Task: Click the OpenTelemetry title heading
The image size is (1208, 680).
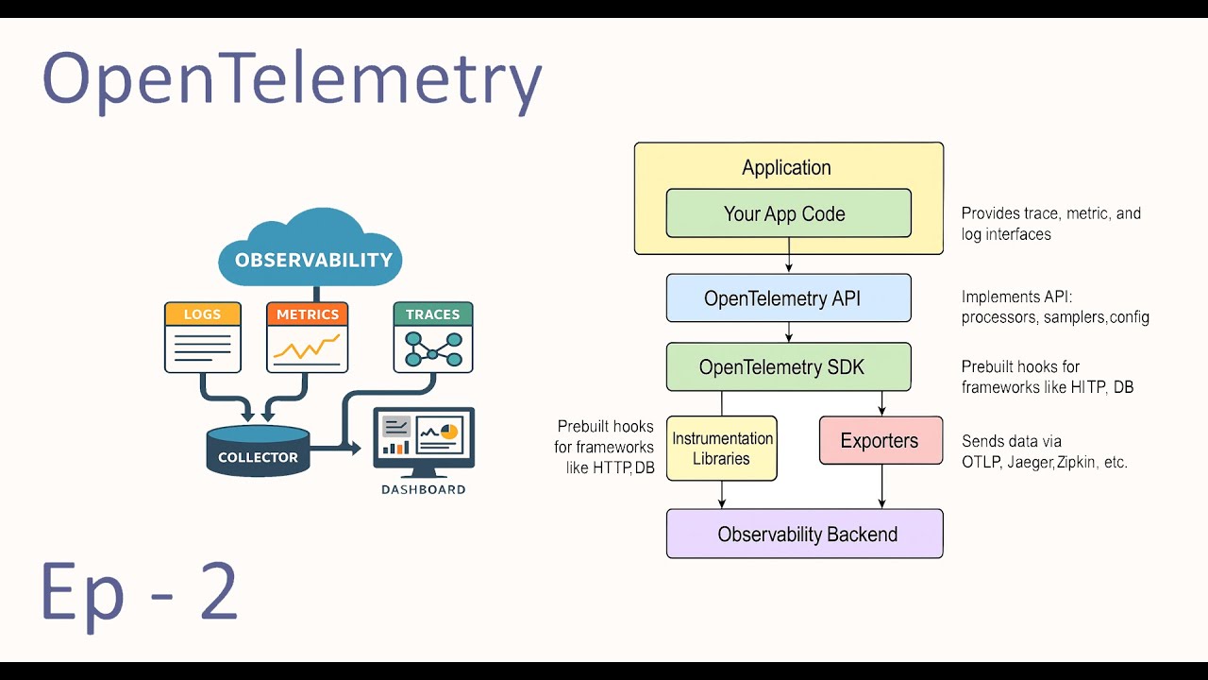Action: coord(292,81)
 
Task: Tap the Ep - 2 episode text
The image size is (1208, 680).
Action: coord(139,592)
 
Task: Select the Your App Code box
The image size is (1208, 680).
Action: coord(788,213)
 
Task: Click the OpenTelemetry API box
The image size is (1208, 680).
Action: coord(788,298)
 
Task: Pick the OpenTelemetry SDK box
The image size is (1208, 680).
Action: coord(788,366)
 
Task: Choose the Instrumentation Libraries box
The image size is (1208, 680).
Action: coord(722,449)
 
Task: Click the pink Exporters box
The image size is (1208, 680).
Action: coord(881,440)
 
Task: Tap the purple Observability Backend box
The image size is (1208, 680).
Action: coord(804,534)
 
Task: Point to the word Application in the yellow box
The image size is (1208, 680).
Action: coord(786,168)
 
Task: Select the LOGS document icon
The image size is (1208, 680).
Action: coord(202,337)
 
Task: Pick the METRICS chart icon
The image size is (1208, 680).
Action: coord(307,337)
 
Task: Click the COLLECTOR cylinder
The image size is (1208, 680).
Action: coord(258,450)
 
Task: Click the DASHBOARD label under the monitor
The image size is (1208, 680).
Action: coord(423,489)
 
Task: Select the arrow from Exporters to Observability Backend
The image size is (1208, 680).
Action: coord(881,486)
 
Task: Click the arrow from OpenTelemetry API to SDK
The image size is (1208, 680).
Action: coord(789,332)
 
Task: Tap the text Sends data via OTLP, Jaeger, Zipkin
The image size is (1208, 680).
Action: coord(1044,451)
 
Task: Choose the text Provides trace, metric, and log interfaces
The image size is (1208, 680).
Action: coord(1050,224)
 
